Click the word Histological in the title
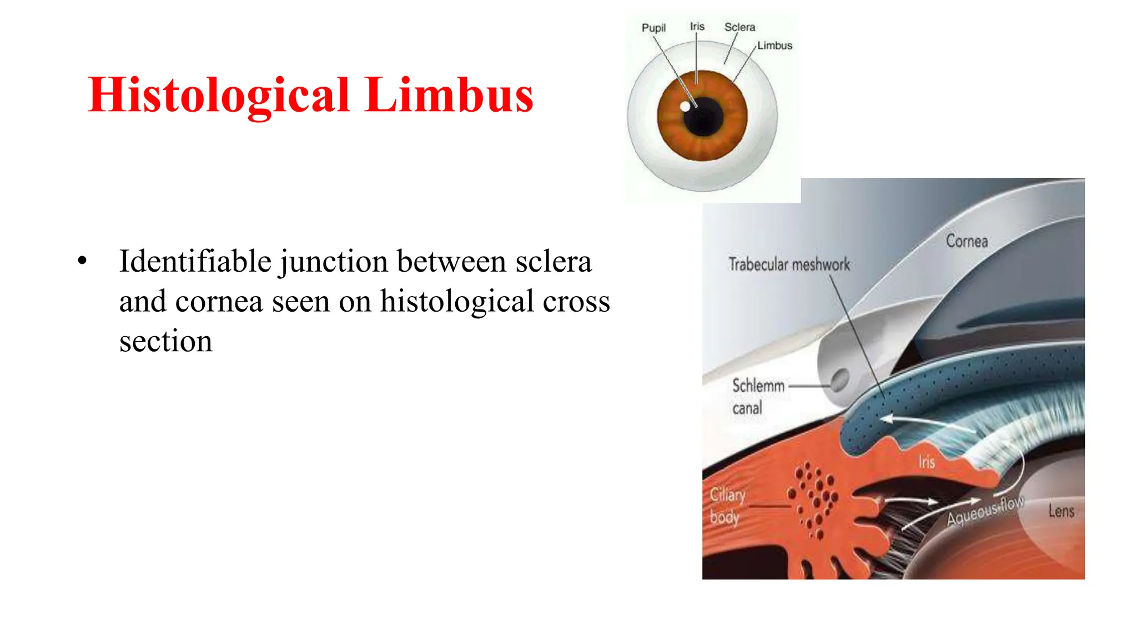click(219, 96)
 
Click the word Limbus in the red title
click(449, 96)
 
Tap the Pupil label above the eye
click(653, 28)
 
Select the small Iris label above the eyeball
click(697, 26)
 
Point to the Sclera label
click(739, 27)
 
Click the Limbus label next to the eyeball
click(774, 46)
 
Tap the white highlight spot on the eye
click(686, 106)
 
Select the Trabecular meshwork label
click(789, 264)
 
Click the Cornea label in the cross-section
click(967, 241)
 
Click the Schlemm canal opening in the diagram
click(839, 381)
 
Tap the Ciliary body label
click(727, 506)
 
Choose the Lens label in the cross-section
click(1061, 511)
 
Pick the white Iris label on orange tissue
click(926, 462)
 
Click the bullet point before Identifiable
click(83, 261)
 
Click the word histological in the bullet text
click(457, 302)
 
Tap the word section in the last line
click(165, 341)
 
